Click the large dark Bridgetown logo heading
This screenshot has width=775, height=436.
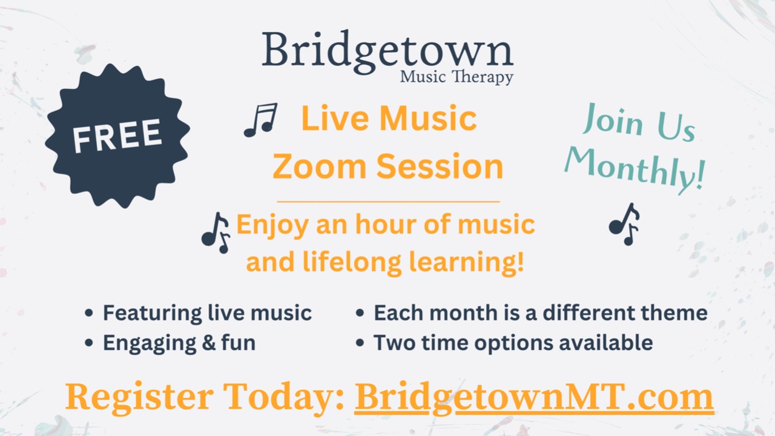[x=387, y=50]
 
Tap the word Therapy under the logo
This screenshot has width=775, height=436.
[x=484, y=78]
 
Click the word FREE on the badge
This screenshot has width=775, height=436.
[x=117, y=135]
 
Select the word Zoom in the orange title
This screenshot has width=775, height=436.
[x=318, y=166]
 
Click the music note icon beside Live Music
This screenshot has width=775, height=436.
[x=261, y=119]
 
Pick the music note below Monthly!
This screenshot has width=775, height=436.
[x=624, y=223]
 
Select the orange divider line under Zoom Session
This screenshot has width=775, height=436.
[x=388, y=201]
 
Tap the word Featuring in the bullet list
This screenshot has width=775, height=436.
[x=151, y=313]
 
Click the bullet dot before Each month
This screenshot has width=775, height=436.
[x=360, y=314]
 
